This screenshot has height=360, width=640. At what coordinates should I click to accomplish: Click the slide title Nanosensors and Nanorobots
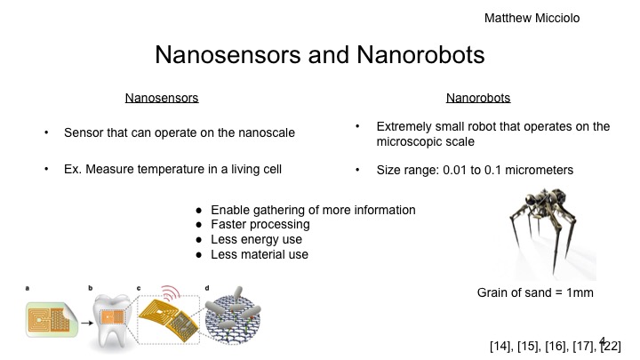click(320, 55)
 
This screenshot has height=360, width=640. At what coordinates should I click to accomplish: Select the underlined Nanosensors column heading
click(161, 97)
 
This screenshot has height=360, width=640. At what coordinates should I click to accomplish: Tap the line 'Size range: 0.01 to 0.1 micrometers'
click(476, 169)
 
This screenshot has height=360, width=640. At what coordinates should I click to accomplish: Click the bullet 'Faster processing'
click(261, 225)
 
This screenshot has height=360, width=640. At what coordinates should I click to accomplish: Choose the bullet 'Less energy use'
click(256, 239)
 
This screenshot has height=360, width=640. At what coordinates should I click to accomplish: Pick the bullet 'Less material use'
click(260, 254)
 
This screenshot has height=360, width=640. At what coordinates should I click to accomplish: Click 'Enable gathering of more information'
click(313, 210)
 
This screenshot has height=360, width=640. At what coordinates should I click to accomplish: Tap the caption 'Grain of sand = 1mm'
click(530, 292)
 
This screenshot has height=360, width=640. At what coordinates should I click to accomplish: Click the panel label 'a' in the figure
click(28, 288)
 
